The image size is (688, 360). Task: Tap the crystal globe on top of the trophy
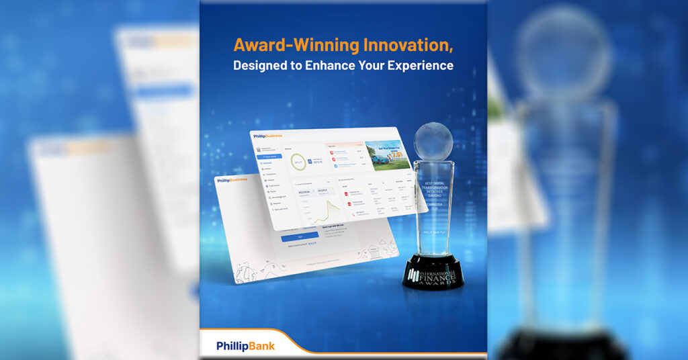click(x=433, y=142)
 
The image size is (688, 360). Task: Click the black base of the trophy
click(x=433, y=271)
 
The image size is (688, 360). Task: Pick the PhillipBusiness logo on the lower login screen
click(x=231, y=180)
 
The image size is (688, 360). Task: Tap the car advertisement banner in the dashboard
click(x=387, y=155)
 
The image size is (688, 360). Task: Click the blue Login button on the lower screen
click(x=300, y=237)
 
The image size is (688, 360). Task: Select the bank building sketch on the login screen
click(x=374, y=253)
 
